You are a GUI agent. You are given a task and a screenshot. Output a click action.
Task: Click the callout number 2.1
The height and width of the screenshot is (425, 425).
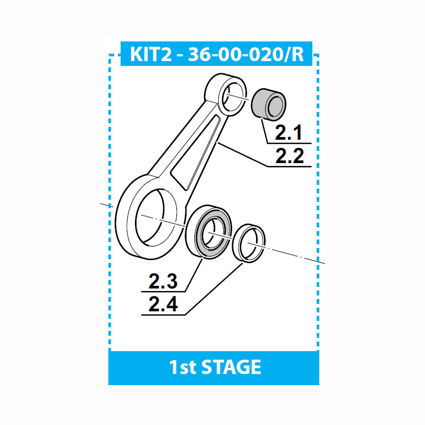coord(288,133)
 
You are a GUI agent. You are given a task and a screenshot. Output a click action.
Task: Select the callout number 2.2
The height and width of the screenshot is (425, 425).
coord(290,156)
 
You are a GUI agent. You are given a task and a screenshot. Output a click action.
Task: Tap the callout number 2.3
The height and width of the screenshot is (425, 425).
coord(163,281)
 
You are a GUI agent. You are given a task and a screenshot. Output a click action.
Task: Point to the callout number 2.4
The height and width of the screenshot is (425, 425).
coord(163,304)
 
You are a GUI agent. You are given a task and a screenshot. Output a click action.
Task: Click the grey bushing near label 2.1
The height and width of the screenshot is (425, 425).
coord(268,105)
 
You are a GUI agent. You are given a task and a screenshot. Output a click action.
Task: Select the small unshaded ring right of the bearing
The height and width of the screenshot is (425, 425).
coord(249,243)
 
